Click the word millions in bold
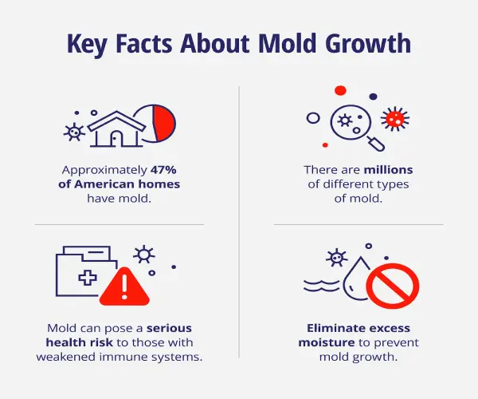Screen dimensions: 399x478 tap(389, 170)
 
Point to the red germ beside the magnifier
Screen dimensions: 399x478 tap(393, 119)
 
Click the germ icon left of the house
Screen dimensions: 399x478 tap(74, 131)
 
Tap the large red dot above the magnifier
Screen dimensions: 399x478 tap(341, 90)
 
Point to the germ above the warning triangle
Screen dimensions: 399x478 tap(144, 255)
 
